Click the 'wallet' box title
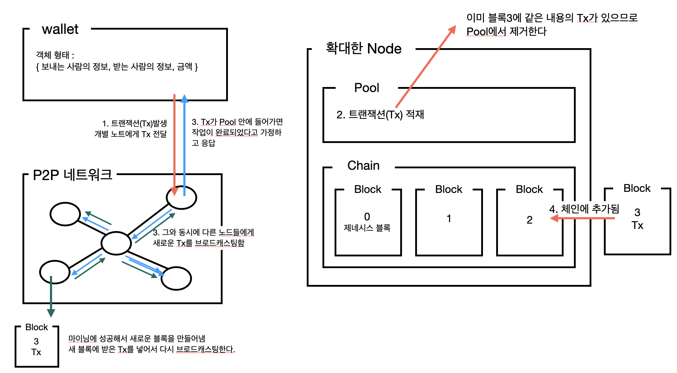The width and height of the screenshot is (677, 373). (x=60, y=29)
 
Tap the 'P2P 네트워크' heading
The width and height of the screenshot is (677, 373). (x=72, y=175)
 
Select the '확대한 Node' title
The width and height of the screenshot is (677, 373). (x=363, y=48)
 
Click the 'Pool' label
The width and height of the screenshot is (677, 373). (x=366, y=88)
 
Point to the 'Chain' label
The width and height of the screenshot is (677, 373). (x=363, y=165)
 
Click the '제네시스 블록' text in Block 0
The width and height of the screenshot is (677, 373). (x=367, y=228)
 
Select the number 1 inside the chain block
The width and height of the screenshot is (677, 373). (x=449, y=218)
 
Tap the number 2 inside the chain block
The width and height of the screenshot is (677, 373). (x=529, y=220)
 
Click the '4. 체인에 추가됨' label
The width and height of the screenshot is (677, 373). (x=584, y=209)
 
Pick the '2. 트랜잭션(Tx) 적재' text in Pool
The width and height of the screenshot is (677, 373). (x=380, y=114)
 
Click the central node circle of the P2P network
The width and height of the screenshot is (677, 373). (x=116, y=243)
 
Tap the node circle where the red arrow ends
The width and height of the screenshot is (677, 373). (x=182, y=198)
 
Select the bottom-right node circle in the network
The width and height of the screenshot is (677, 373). (x=176, y=278)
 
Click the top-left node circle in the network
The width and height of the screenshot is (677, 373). (x=65, y=214)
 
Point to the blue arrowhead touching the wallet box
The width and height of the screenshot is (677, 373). (x=184, y=98)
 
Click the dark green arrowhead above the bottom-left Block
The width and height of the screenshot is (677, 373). (x=51, y=313)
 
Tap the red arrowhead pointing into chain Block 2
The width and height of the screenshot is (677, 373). (x=554, y=218)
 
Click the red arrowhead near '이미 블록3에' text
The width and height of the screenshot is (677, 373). (x=452, y=30)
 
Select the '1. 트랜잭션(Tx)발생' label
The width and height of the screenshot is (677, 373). (x=134, y=123)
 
